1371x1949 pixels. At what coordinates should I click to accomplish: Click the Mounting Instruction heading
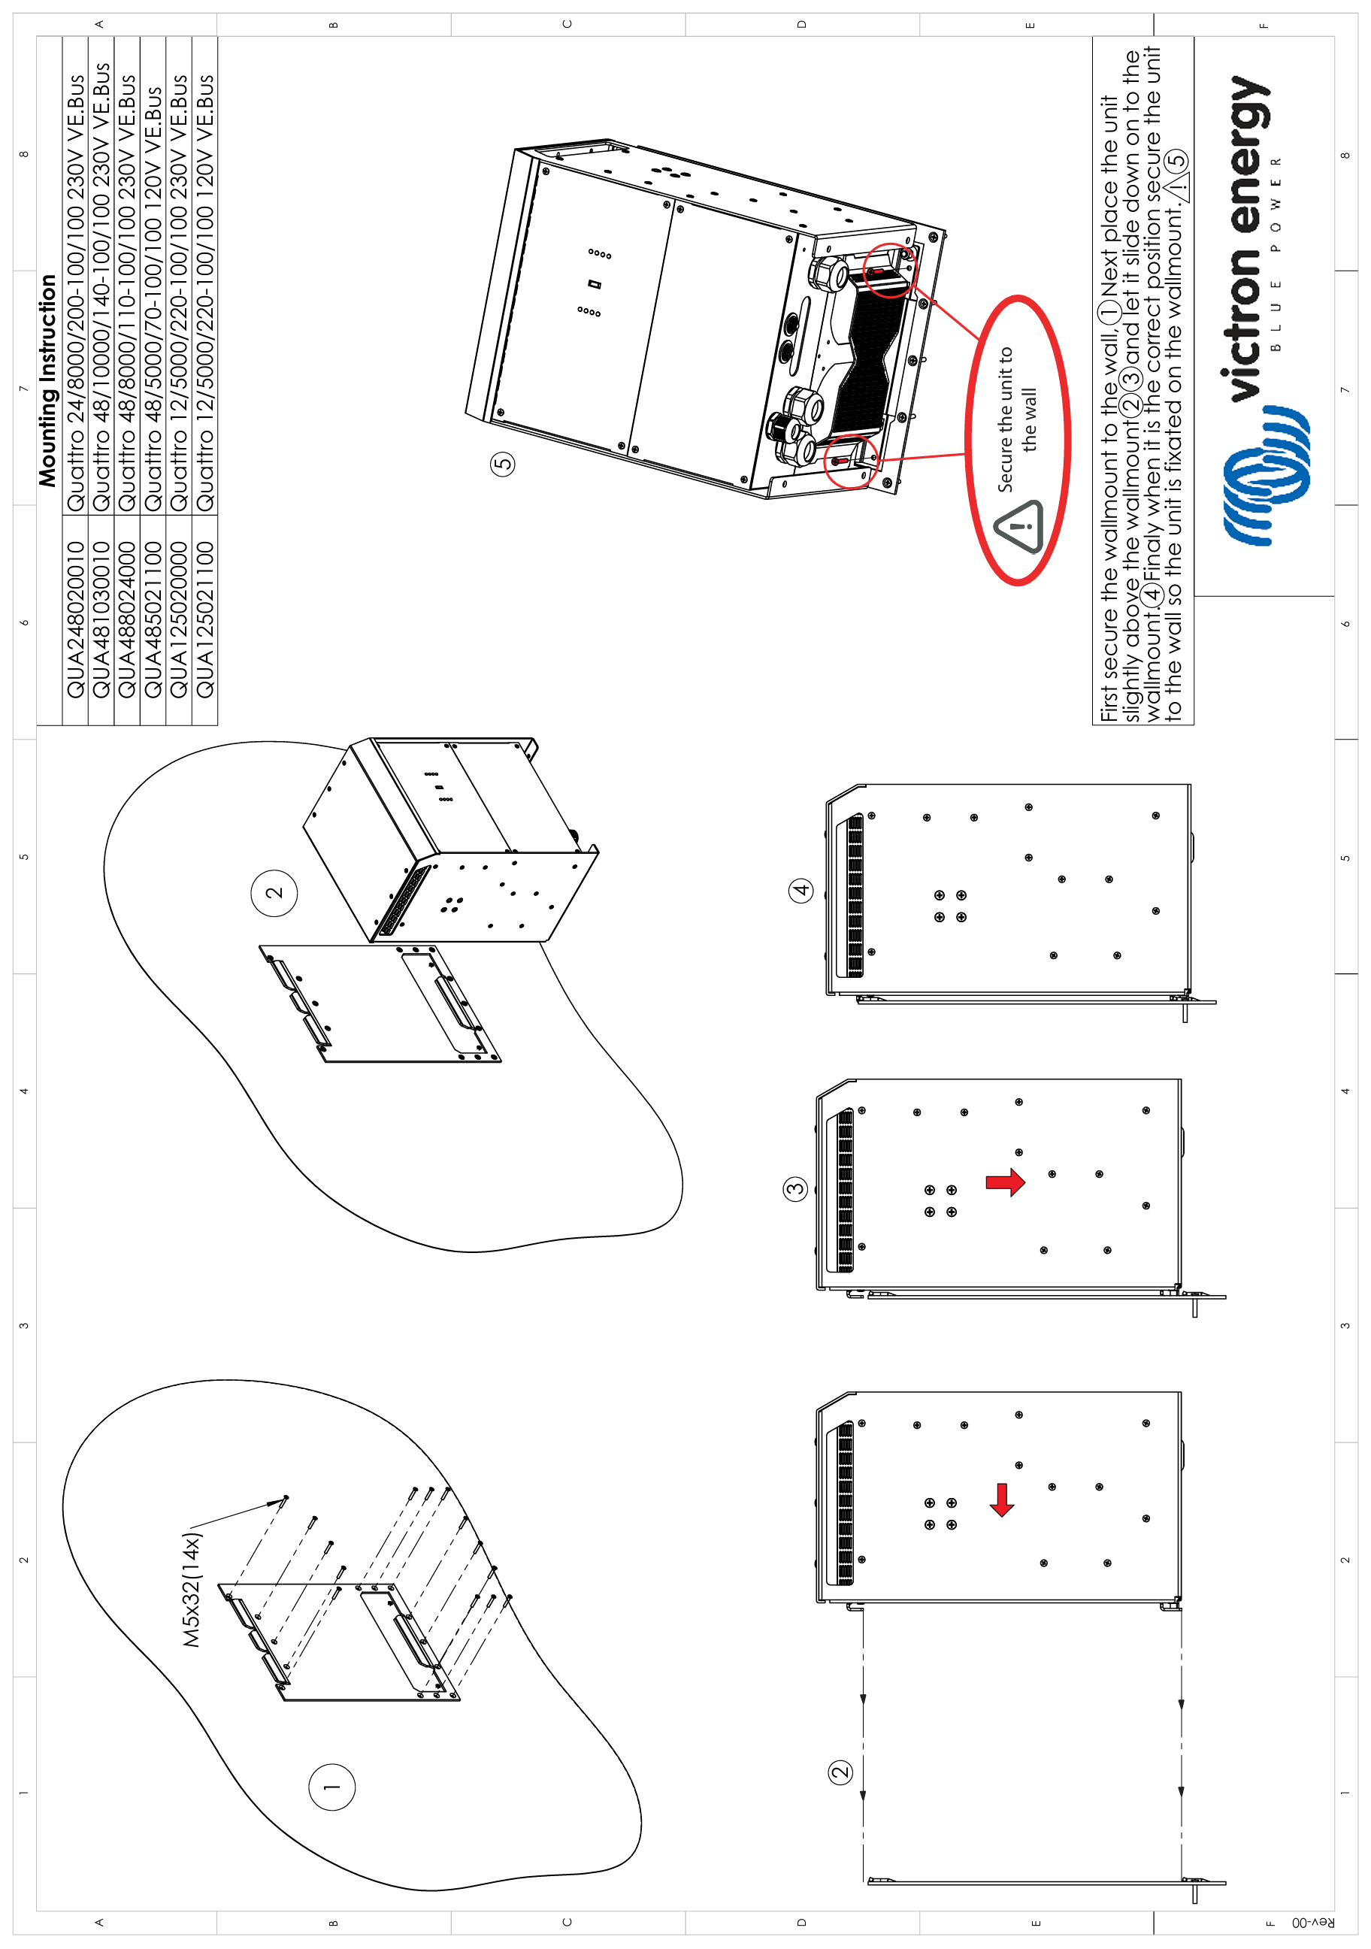point(47,380)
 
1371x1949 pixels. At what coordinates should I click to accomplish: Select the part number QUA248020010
point(76,619)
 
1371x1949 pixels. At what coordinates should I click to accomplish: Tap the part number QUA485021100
point(153,619)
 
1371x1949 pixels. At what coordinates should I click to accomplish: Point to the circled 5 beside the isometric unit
point(503,464)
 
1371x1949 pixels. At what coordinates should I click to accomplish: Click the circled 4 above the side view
point(801,891)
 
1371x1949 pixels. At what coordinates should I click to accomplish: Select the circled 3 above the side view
point(794,1188)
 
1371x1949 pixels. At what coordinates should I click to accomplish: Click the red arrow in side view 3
point(1005,1182)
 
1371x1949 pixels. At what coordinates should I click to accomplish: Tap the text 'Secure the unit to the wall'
point(1017,419)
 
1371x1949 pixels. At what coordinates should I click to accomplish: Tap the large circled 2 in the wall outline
point(274,893)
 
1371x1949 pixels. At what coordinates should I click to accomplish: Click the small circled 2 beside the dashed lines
point(840,1772)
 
